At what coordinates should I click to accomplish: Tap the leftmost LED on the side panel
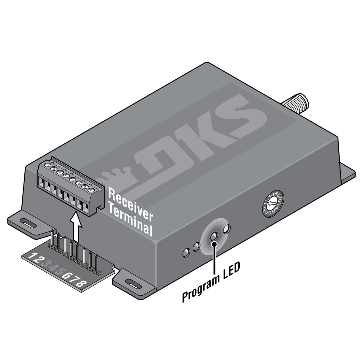[x=186, y=252]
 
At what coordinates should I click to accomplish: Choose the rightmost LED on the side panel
[x=226, y=229]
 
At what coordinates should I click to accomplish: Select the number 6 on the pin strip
[x=66, y=276]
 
